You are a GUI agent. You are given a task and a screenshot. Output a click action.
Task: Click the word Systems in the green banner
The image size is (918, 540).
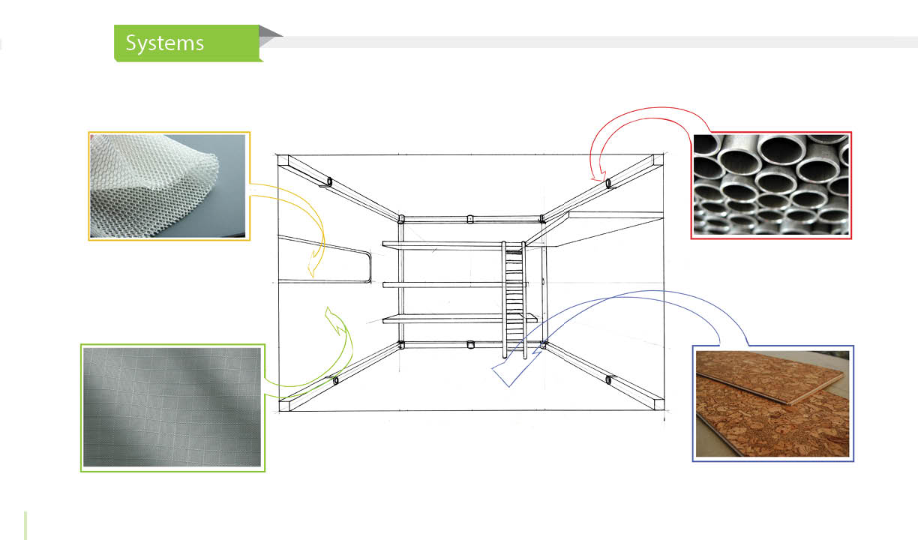tap(164, 43)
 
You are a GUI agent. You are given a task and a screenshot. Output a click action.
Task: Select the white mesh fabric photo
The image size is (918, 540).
tap(169, 186)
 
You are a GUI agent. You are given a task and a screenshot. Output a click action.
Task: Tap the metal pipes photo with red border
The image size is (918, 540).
tap(772, 185)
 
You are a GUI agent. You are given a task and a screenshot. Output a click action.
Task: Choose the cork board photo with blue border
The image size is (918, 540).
tap(773, 403)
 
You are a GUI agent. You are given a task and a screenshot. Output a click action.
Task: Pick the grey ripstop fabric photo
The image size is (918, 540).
tap(173, 407)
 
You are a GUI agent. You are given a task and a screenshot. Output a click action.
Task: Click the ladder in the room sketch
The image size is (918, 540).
tap(514, 300)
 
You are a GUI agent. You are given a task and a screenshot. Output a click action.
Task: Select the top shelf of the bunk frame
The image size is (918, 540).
tap(442, 244)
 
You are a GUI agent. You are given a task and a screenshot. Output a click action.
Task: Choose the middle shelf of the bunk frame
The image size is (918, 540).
tap(442, 284)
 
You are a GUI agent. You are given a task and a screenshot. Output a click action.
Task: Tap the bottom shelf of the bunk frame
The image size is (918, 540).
tap(442, 319)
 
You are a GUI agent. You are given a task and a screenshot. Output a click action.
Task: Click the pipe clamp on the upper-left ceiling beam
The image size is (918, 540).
tap(329, 181)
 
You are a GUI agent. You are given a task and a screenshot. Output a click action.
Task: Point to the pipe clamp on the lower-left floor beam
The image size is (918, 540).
tap(335, 380)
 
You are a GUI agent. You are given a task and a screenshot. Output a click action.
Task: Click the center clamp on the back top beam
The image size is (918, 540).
tap(470, 220)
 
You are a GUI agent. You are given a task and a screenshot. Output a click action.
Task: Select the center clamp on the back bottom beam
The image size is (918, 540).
tap(470, 345)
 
